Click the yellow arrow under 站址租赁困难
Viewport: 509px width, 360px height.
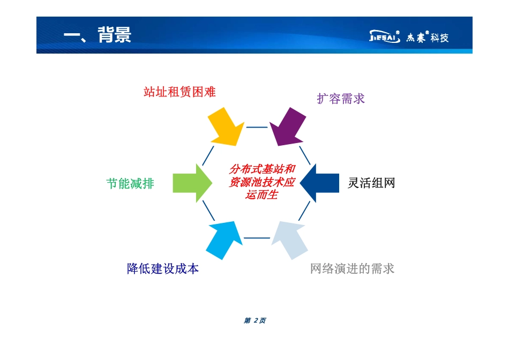click(x=224, y=126)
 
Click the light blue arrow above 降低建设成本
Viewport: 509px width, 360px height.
click(x=224, y=240)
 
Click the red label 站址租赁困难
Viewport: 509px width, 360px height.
click(x=179, y=92)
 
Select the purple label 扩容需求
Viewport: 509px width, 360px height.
click(x=341, y=99)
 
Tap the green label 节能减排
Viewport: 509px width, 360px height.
click(x=130, y=183)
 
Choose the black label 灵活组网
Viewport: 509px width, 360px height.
click(x=371, y=183)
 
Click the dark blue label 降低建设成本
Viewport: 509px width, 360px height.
click(x=163, y=268)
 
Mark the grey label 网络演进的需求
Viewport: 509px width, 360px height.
click(x=352, y=268)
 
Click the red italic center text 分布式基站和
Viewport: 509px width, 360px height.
click(x=262, y=169)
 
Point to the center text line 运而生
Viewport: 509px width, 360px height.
click(x=261, y=196)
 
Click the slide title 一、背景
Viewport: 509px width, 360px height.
click(x=97, y=35)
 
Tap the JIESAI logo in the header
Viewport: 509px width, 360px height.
click(x=385, y=37)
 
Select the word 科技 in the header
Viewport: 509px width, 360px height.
click(x=439, y=37)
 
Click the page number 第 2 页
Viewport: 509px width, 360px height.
click(x=254, y=320)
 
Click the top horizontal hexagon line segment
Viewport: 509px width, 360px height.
click(x=257, y=127)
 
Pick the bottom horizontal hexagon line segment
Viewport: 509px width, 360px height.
click(x=257, y=238)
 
